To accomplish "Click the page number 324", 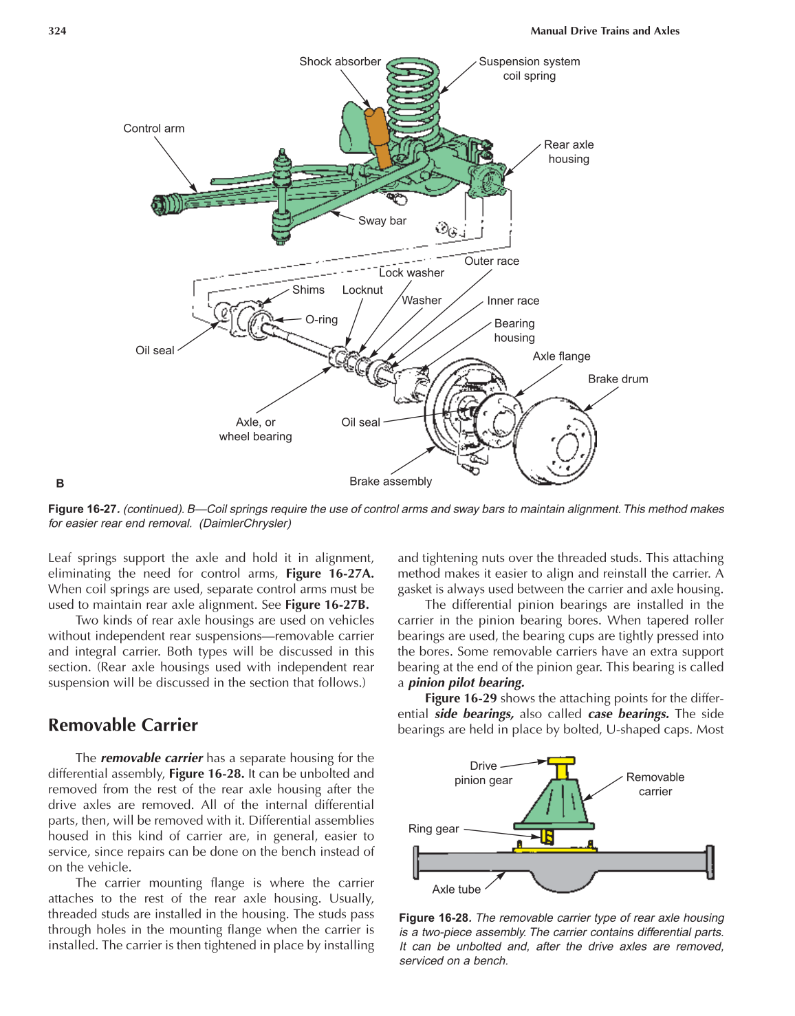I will [x=57, y=31].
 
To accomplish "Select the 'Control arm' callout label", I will [x=153, y=129].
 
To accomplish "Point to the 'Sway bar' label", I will [x=382, y=221].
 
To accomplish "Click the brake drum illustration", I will [x=557, y=441].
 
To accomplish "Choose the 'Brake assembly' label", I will [x=390, y=482].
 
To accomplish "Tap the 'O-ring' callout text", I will [x=321, y=320].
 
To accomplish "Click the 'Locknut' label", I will [x=362, y=290].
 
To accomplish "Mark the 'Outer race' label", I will [x=491, y=261].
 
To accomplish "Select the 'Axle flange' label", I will [x=561, y=356].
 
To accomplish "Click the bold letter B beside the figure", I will [x=60, y=484].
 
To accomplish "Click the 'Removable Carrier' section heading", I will [x=123, y=725].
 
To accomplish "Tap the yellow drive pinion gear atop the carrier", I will [x=562, y=766].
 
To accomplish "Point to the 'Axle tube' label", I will [x=456, y=889].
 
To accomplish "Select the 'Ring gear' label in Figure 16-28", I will [x=433, y=829].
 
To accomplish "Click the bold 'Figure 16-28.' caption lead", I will [x=435, y=918].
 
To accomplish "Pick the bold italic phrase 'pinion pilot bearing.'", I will [x=466, y=682].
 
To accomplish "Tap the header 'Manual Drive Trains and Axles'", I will [x=605, y=31].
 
